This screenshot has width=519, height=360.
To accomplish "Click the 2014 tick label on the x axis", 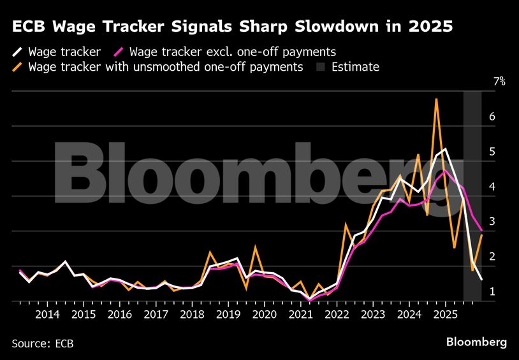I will (x=47, y=315).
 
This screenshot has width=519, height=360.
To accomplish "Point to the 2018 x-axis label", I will (x=192, y=315).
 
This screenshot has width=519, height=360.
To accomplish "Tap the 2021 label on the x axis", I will (x=300, y=315).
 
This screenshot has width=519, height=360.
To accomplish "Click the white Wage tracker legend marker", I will (x=17, y=52).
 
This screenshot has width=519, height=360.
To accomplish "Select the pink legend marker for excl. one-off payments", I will (x=118, y=52).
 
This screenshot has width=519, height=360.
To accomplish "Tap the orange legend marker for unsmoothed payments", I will (x=17, y=67).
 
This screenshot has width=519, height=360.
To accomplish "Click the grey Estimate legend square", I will (x=322, y=67).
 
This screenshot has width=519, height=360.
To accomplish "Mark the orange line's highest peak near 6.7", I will (x=436, y=99).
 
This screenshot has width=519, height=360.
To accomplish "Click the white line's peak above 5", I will (x=445, y=149).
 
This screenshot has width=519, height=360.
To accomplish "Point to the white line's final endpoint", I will (x=481, y=280).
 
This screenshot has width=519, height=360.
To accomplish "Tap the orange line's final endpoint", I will (x=481, y=235).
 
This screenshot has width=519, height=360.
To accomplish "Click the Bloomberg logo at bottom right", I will (x=476, y=342).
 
